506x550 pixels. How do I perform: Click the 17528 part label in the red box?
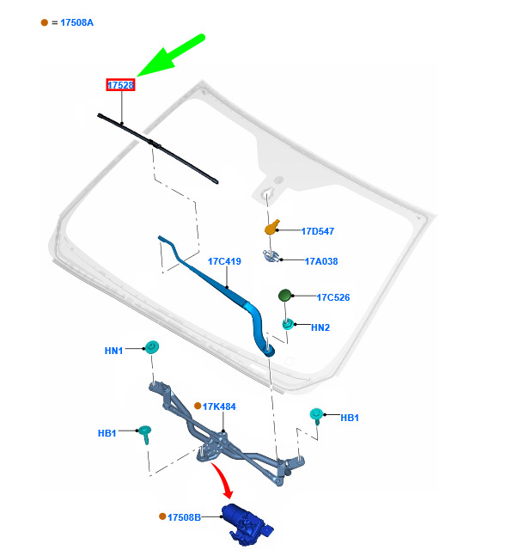120,85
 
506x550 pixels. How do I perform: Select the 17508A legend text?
76,22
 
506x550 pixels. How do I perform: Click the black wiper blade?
158,148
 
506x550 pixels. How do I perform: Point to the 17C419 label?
224,261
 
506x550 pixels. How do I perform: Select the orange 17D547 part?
272,228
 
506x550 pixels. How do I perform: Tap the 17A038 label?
321,261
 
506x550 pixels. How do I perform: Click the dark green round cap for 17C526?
284,296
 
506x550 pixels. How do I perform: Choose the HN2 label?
320,327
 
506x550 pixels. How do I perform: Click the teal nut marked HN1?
152,347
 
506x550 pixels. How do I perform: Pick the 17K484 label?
219,406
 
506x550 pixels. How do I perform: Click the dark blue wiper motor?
247,524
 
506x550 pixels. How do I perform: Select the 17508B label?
184,517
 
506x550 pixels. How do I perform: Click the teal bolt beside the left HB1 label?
145,434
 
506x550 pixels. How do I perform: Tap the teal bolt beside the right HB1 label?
316,416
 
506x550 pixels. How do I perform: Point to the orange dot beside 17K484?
198,406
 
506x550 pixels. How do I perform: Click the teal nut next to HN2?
288,325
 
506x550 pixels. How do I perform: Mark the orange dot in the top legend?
44,22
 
